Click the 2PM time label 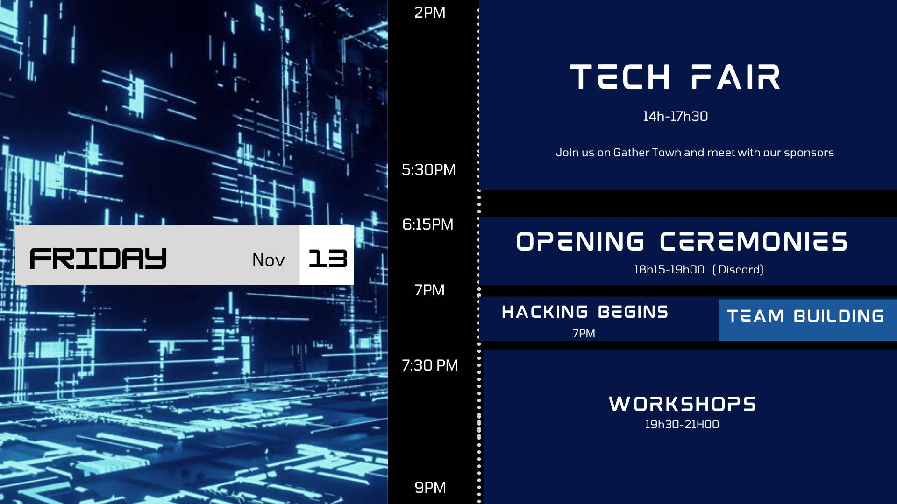(430, 13)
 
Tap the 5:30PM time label (428, 170)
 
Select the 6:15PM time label (427, 224)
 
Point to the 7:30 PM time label (430, 365)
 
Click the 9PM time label (430, 488)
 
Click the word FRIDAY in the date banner (98, 259)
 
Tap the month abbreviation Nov (268, 260)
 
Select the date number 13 (328, 259)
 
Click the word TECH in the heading (620, 77)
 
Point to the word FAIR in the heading (735, 77)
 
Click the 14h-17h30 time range (675, 116)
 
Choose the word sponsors (809, 153)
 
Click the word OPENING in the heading (580, 242)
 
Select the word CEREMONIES (754, 242)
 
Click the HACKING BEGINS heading (585, 312)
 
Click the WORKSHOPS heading (682, 404)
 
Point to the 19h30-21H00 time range (682, 425)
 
